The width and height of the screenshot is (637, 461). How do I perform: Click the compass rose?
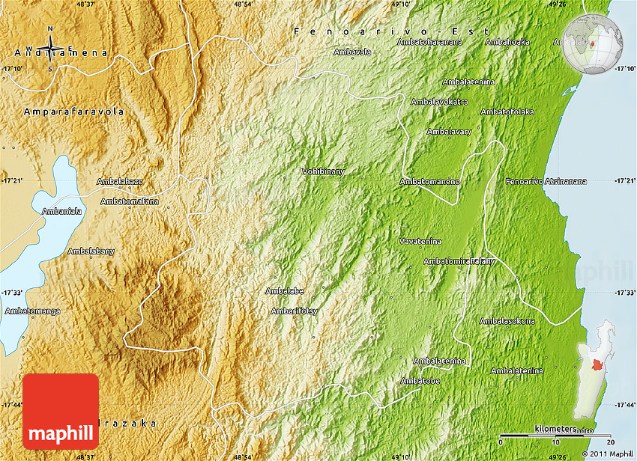(50, 49)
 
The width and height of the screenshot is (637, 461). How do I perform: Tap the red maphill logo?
(61, 411)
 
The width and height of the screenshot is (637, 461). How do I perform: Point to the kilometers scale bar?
(555, 435)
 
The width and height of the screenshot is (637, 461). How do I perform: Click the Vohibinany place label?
(323, 171)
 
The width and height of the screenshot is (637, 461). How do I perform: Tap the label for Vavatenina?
(420, 241)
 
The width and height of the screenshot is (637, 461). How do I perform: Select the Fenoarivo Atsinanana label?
(546, 181)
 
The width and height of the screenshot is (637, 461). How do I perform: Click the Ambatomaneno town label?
(429, 181)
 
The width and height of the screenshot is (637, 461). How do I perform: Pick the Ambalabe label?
(284, 291)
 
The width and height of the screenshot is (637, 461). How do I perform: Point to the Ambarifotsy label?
(295, 311)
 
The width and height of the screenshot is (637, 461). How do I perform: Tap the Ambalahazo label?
(120, 182)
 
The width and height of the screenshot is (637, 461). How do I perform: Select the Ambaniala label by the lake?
(61, 211)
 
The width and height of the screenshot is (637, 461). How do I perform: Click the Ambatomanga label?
(32, 311)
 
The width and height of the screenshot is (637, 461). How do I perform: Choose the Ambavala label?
(352, 52)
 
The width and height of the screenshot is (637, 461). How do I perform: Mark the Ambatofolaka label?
(507, 112)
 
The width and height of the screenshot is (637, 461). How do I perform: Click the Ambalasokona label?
(507, 321)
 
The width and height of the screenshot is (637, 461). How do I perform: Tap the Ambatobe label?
(420, 381)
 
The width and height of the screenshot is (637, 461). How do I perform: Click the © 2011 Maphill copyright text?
(607, 454)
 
